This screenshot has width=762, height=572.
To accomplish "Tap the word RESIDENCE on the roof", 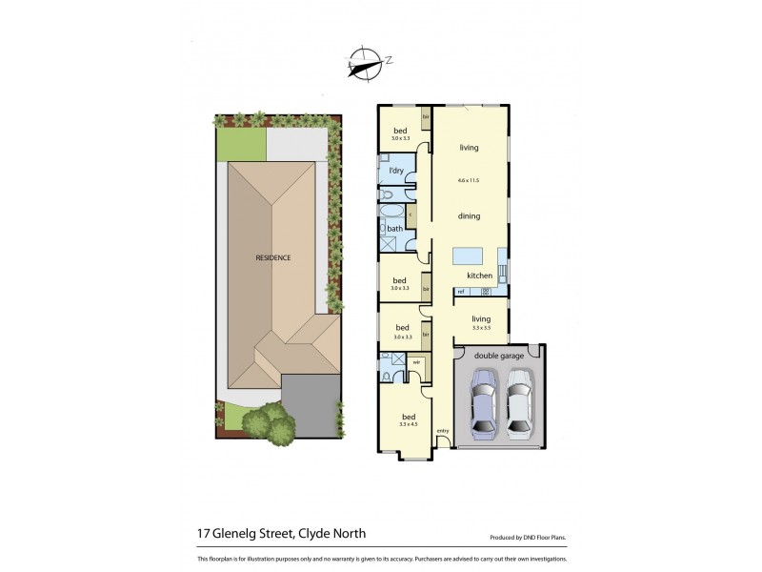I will [x=272, y=257].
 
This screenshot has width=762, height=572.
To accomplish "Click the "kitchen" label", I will [x=479, y=276].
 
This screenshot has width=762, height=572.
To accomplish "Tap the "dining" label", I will [x=468, y=216].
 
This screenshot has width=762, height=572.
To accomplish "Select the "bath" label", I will [x=393, y=229].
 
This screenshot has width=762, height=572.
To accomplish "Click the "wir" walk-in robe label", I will [x=416, y=362].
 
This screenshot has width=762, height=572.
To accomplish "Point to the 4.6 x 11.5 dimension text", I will [x=467, y=179].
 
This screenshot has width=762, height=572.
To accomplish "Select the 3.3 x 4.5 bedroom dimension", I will [x=408, y=424].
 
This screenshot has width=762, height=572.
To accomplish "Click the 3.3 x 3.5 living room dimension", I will [x=480, y=327].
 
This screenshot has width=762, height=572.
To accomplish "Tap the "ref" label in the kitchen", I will [x=460, y=290].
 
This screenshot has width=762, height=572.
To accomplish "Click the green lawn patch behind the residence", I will [x=239, y=144].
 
